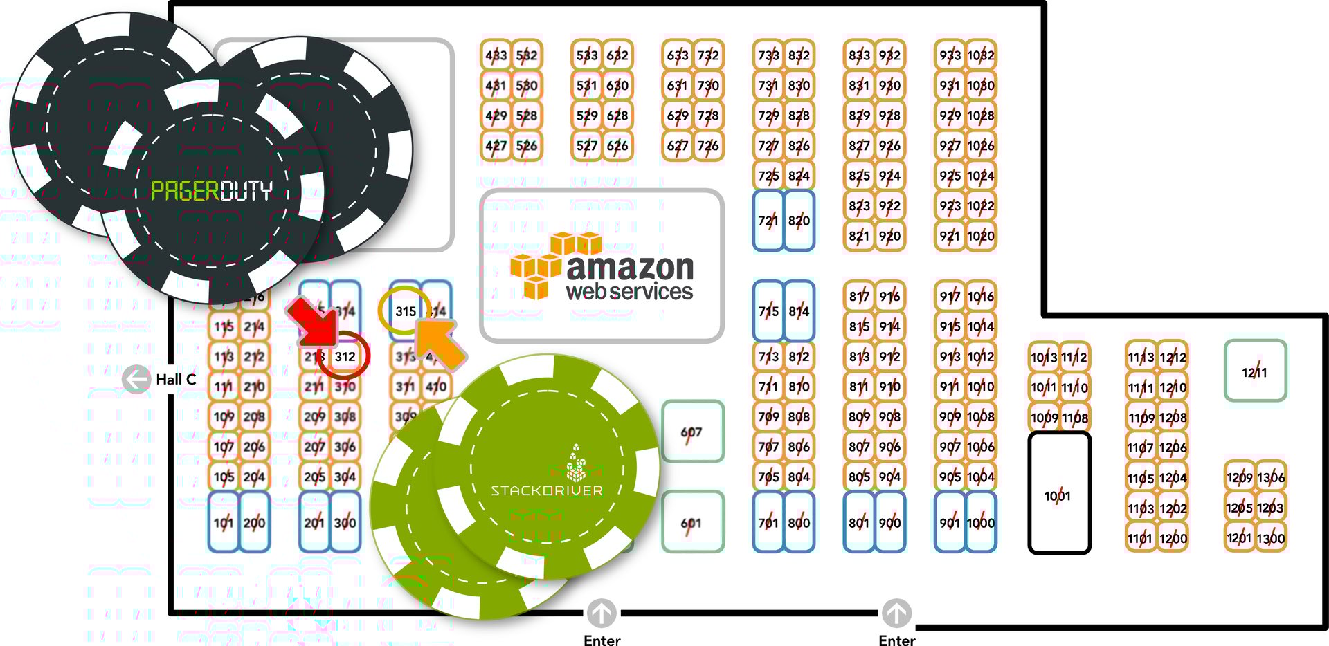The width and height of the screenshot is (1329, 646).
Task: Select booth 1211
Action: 1254,371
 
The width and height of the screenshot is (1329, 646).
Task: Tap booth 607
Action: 691,432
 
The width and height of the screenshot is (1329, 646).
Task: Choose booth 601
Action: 691,523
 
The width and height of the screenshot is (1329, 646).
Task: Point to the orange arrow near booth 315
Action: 440,341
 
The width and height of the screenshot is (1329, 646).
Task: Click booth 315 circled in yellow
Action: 405,311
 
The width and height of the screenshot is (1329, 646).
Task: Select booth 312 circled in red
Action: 345,356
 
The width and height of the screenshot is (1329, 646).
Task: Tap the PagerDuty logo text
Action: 211,190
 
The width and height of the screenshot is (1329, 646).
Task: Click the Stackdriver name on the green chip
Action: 547,490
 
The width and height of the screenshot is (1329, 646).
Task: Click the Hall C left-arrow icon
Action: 136,379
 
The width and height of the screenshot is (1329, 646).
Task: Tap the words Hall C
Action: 176,379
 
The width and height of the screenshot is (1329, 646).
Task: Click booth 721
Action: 768,221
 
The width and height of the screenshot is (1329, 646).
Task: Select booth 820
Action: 799,221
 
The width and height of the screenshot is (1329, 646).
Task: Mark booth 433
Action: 496,55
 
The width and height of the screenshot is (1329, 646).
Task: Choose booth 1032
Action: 981,55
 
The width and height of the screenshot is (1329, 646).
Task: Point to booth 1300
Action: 1271,538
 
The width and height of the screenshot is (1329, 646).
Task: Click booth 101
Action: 223,523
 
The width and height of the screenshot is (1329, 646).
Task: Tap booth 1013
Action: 1043,357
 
